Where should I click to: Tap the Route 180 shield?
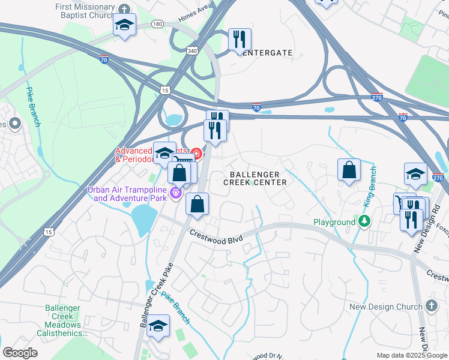tap(157, 23)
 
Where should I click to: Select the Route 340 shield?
tap(191, 52)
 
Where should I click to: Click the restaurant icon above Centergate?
tap(240, 39)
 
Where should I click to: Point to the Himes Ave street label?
tap(194, 8)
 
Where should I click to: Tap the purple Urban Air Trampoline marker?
tap(175, 193)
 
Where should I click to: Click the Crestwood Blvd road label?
tap(216, 238)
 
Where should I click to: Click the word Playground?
tap(334, 222)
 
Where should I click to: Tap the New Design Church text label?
tap(386, 307)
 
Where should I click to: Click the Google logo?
tap(20, 353)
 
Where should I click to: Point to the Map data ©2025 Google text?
tap(411, 355)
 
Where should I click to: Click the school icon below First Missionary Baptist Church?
tap(124, 25)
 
